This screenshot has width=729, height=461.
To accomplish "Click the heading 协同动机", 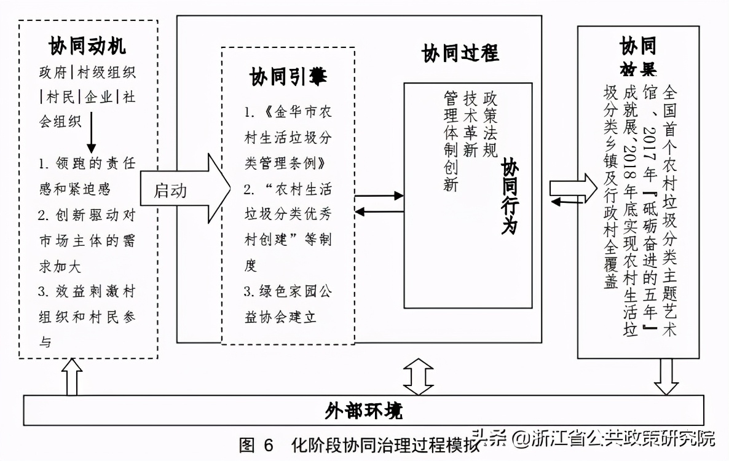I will point(87,46).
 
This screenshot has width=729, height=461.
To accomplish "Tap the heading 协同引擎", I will point(288,77).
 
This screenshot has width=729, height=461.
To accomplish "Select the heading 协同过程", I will point(460,53).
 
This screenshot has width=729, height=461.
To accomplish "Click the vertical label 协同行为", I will point(510,197).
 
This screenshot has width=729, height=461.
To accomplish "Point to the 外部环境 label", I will point(364,410).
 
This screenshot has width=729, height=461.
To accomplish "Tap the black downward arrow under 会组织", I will point(91,138).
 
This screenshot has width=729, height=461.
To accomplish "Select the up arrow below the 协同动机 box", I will point(73,377).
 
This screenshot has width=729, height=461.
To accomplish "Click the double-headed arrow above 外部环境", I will point(418,377).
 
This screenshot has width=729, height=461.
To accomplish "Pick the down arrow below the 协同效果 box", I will point(666,377).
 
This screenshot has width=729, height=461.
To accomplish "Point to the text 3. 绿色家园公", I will point(287,291).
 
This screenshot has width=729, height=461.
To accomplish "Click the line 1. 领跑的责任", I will point(87,164).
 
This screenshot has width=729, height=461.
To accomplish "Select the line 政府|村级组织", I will point(87,73).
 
